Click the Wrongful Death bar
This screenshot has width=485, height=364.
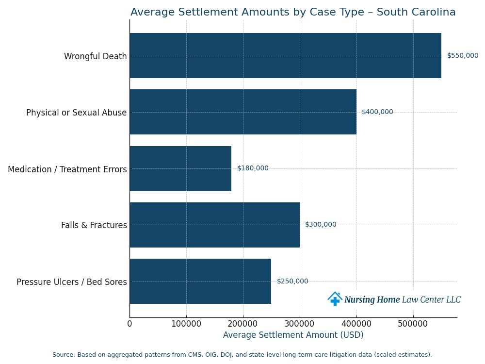(x=285, y=56)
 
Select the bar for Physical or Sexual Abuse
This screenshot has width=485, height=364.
(x=242, y=112)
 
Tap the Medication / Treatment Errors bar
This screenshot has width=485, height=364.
(x=180, y=168)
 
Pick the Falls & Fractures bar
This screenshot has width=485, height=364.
(x=214, y=225)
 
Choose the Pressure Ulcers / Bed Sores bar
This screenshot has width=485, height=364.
(x=200, y=281)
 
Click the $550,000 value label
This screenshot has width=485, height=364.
(x=462, y=56)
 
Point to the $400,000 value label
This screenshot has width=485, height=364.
(x=377, y=112)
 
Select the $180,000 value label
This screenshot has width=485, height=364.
(x=253, y=168)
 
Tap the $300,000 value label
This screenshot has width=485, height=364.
(x=321, y=225)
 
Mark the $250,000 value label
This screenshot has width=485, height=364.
(x=292, y=281)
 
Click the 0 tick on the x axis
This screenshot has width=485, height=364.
(x=129, y=324)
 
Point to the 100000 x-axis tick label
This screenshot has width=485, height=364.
(x=186, y=324)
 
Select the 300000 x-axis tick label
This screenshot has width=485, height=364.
(x=300, y=324)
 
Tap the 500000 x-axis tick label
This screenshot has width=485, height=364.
(x=413, y=324)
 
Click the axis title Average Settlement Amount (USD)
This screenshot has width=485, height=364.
(x=293, y=335)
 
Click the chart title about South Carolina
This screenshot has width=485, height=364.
(x=293, y=13)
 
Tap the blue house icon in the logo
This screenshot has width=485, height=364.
(x=335, y=299)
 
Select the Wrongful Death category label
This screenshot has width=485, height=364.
(x=95, y=56)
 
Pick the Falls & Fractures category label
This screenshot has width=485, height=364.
(x=94, y=225)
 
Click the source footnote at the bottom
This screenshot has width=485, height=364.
(x=242, y=355)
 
